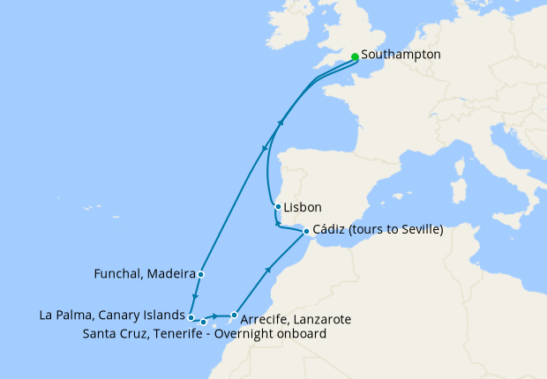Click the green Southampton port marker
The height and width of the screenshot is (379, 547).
[355, 56]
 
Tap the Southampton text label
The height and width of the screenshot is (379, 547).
[401, 56]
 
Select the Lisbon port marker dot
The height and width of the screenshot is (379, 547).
[278, 208]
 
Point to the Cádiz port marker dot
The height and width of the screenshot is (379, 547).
[306, 232]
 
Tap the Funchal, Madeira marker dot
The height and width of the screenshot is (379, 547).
[201, 274]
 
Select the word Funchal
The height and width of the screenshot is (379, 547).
[118, 274]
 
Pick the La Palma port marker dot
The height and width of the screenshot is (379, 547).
[191, 315]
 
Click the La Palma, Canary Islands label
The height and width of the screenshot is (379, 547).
[112, 315]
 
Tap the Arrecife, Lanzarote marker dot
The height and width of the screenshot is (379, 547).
[234, 315]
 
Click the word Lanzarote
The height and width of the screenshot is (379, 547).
[324, 318]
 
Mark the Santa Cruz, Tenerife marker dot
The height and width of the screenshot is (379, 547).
[204, 322]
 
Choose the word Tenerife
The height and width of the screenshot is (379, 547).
[182, 334]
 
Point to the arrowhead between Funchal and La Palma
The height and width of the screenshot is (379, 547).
[195, 298]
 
